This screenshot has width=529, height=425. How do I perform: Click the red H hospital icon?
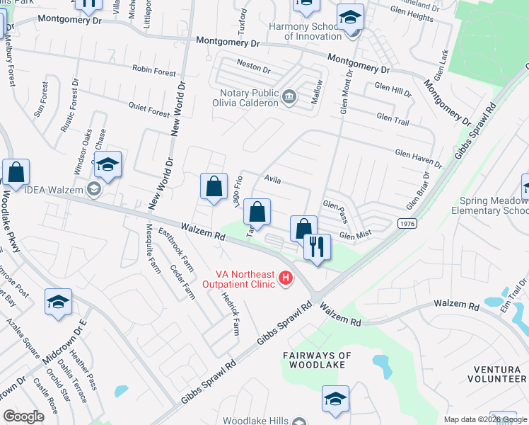coord(286,278)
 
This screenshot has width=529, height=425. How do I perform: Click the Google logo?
coord(24,416)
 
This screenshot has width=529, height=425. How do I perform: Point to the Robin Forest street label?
coord(153,71)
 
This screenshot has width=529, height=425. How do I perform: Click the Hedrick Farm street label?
coord(231,312)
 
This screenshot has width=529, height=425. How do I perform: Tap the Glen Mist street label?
coord(355,236)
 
